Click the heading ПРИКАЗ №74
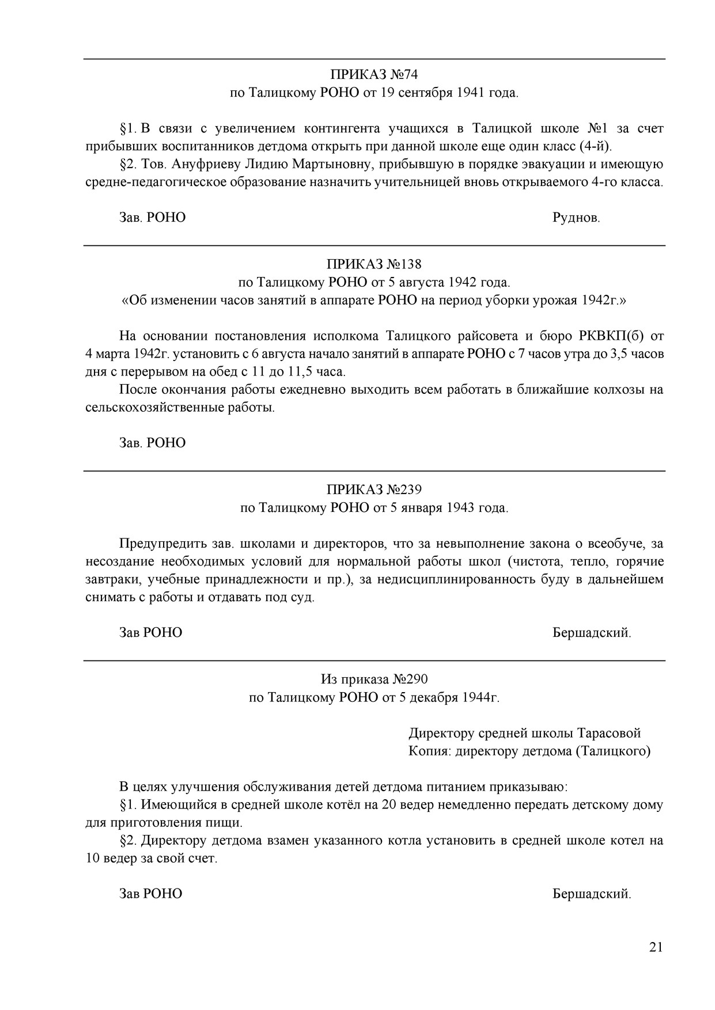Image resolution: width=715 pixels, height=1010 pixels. click(374, 75)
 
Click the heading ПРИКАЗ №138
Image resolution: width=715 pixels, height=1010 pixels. click(374, 264)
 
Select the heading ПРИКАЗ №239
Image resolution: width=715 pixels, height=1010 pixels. click(374, 489)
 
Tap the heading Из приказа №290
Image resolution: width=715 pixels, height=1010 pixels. click(374, 679)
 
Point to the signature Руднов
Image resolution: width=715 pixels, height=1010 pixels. click(576, 218)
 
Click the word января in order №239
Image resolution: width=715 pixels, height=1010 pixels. click(420, 507)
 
